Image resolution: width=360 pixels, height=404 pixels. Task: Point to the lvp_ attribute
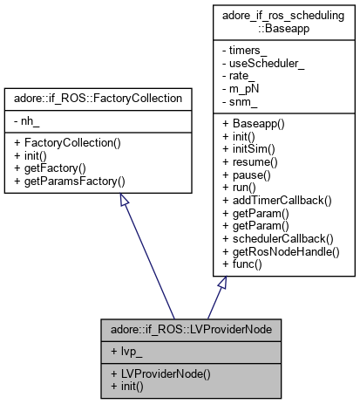(x=128, y=350)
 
